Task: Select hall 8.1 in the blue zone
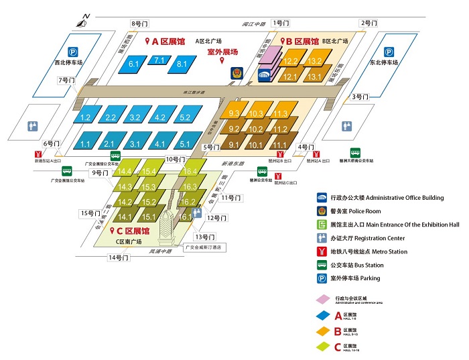click(x=182, y=64)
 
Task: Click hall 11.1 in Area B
click(x=280, y=145)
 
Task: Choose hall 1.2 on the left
click(x=85, y=117)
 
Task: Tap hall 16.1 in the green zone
click(x=186, y=217)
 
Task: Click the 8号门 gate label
click(x=140, y=23)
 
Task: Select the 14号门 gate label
click(x=118, y=257)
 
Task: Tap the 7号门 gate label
click(x=67, y=80)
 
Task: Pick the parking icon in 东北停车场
click(x=390, y=50)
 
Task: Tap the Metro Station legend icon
click(x=322, y=252)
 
